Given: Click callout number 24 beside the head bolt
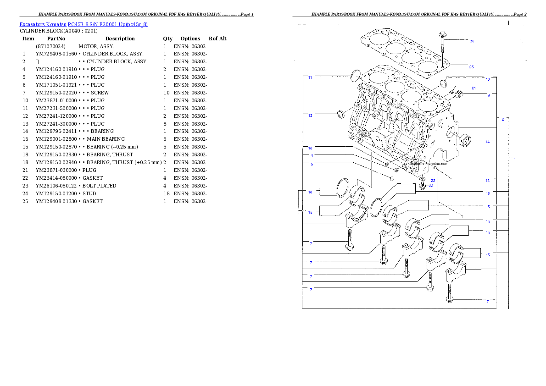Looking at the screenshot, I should coord(471,41).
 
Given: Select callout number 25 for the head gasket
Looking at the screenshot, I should coord(471,67).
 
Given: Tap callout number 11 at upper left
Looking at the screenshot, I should coord(310,78).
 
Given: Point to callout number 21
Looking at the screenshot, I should coord(474,88).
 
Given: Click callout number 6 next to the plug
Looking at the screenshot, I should coord(489,96).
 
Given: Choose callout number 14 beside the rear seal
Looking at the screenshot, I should coord(488,142).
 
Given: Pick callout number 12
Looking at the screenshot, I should coord(488,180).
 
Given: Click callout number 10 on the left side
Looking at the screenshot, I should coord(310,148).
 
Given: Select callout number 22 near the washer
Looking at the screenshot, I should coord(433,181).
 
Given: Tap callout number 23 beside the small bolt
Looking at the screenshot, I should coord(431,186).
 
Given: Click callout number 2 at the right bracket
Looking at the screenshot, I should coord(503,119).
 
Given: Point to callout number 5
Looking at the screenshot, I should coord(312,164).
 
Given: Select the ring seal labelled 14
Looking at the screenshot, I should coord(466,140).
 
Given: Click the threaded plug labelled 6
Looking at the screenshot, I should coord(460,96).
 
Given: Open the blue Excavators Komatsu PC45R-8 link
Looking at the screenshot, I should coord(84,24).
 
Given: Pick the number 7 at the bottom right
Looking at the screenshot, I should coord(488,302).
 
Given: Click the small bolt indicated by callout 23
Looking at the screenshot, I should coord(422,186).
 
